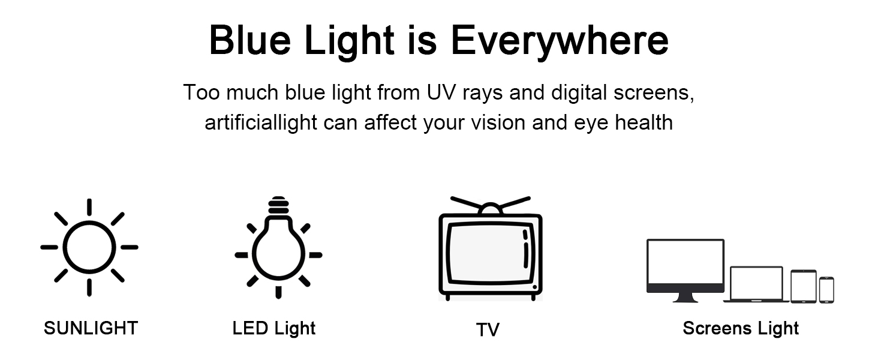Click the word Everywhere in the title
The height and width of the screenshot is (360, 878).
(560, 41)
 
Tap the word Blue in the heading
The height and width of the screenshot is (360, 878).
(249, 40)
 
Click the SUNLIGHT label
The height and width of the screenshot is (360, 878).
(91, 328)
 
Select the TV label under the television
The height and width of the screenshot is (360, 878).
(488, 329)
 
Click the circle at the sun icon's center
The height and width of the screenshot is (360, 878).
(64, 247)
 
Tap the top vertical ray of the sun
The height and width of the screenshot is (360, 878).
(89, 207)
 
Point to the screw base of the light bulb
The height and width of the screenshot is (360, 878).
(279, 205)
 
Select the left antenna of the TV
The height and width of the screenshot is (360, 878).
(466, 203)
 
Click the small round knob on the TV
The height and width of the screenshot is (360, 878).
(534, 287)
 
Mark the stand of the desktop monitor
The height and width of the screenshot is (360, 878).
(685, 298)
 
